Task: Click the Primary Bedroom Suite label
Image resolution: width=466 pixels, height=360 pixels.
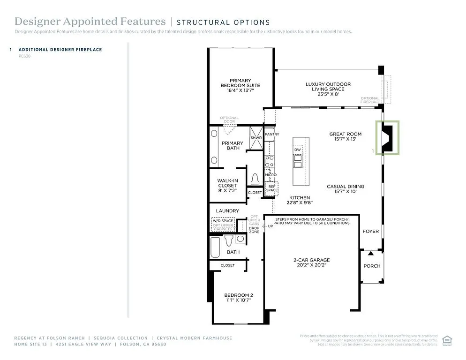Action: [240, 85]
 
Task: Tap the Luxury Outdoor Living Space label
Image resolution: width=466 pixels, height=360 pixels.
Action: [328, 89]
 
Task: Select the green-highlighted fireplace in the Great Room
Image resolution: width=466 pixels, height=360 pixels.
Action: [388, 137]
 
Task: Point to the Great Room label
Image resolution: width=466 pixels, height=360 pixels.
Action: [345, 136]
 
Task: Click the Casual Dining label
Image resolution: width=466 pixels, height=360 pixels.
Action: [345, 189]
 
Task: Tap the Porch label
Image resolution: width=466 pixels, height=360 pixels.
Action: [372, 266]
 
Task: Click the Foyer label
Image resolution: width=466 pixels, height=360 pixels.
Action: [371, 232]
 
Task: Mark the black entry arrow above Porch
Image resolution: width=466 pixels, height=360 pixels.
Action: [370, 254]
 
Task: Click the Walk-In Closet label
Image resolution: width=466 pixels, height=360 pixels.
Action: [227, 186]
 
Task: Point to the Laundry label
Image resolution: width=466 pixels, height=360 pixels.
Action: [227, 211]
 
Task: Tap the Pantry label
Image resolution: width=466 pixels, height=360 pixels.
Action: [272, 135]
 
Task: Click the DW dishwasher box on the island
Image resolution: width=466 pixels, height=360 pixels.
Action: [297, 150]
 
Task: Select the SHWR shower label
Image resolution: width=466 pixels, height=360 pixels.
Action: [256, 138]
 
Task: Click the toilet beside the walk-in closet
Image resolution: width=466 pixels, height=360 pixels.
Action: [255, 180]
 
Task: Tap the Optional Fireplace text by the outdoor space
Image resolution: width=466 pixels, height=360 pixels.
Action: [370, 100]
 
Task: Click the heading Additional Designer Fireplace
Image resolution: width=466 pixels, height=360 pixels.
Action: [60, 49]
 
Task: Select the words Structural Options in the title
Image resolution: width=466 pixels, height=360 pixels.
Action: [223, 22]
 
